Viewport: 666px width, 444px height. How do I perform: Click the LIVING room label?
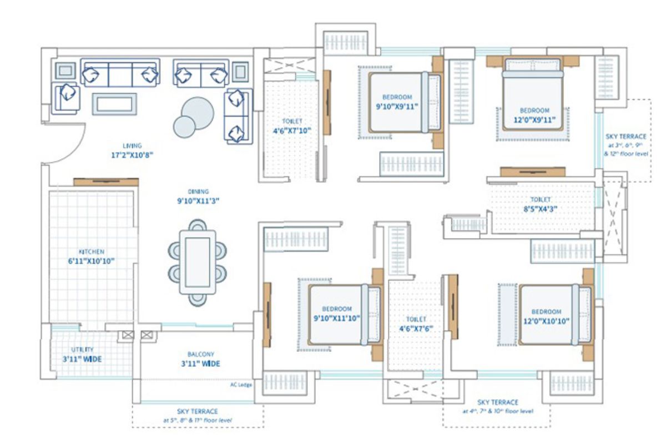click(x=133, y=145)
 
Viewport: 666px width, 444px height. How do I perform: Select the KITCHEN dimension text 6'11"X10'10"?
click(x=92, y=260)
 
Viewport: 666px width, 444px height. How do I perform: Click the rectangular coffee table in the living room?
click(x=114, y=104)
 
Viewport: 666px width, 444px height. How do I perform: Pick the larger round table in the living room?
click(x=197, y=113)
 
